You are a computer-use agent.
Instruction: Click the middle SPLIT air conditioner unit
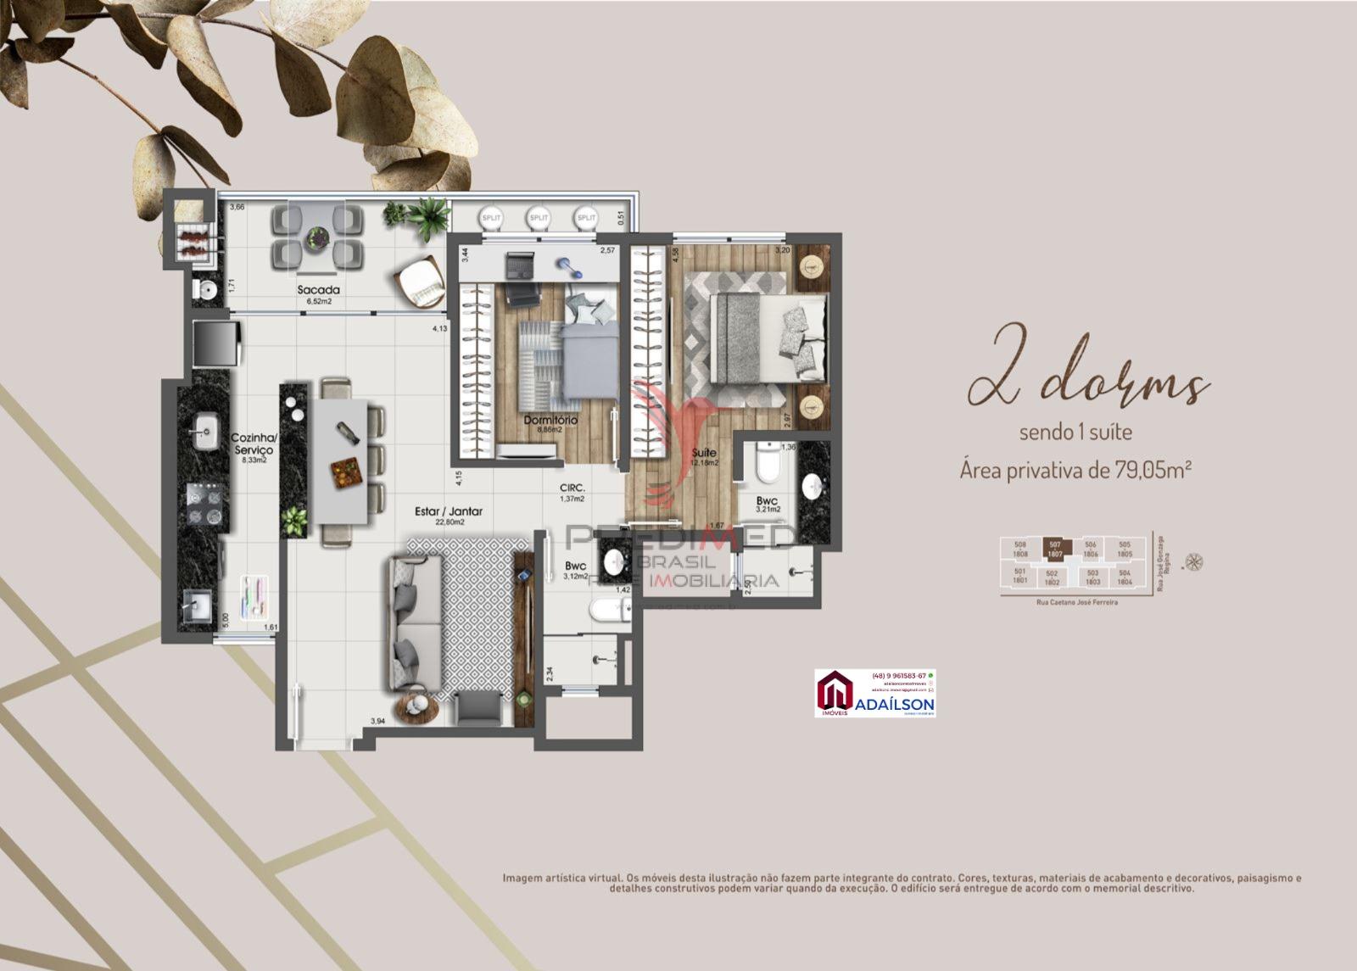[x=539, y=218]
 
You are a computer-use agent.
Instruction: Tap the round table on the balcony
[x=319, y=237]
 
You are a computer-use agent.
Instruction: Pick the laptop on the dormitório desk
[x=518, y=265]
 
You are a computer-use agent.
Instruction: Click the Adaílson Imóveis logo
[x=874, y=693]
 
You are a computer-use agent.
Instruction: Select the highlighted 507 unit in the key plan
[x=1055, y=549]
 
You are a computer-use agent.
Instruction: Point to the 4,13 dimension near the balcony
[x=439, y=328]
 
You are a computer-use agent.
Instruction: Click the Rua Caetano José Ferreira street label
[x=1076, y=602]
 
